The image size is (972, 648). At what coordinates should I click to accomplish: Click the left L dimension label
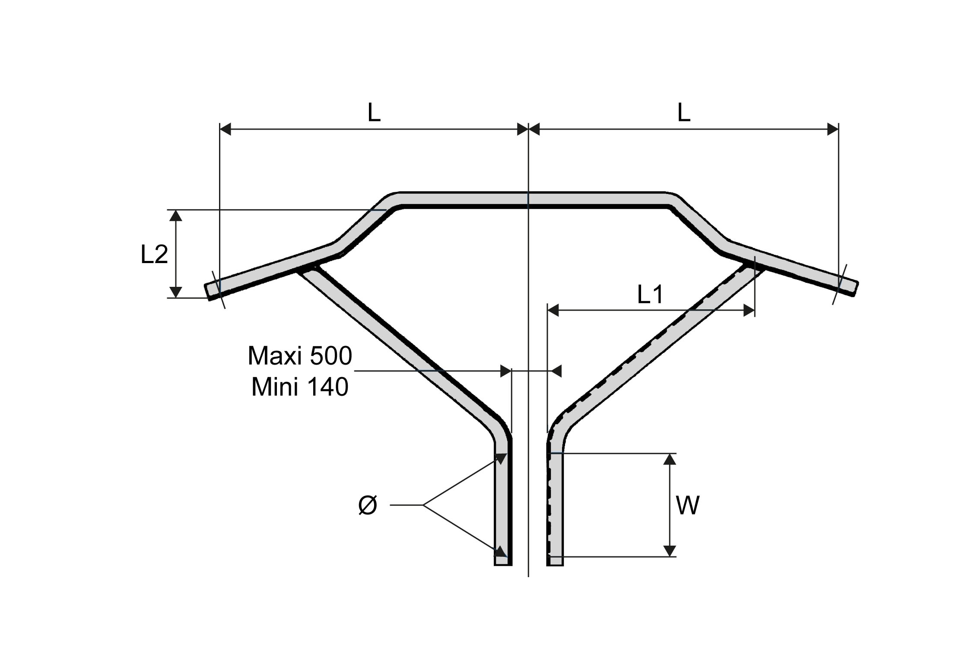374,113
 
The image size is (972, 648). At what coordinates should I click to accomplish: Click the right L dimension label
683,113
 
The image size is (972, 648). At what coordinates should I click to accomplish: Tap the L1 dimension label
650,295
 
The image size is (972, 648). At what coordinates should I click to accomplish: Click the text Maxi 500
300,356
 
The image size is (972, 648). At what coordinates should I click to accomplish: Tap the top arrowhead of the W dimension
669,459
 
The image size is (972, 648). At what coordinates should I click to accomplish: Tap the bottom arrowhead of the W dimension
669,551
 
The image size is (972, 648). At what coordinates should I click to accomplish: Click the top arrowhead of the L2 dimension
175,215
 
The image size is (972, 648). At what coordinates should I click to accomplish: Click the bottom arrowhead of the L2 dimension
175,292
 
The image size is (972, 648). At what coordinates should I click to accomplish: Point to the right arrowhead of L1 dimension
749,310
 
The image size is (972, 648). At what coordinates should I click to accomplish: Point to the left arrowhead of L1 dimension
553,310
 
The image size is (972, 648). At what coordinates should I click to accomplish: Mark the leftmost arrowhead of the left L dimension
226,129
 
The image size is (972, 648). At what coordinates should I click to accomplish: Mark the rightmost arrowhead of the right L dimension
833,129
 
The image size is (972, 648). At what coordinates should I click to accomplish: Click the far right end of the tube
855,289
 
